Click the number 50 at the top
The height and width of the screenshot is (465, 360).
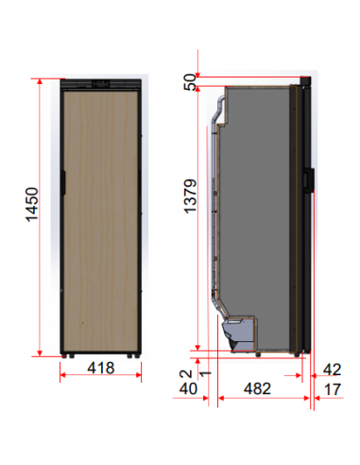[193, 83]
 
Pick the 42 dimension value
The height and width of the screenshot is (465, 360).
[332, 370]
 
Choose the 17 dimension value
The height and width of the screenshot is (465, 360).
[332, 388]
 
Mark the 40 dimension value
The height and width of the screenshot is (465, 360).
[189, 388]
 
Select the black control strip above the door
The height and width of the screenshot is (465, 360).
[101, 84]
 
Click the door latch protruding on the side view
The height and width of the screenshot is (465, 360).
[310, 179]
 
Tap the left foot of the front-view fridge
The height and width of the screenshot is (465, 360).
[68, 355]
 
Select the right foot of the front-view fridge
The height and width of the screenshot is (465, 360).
[135, 355]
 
